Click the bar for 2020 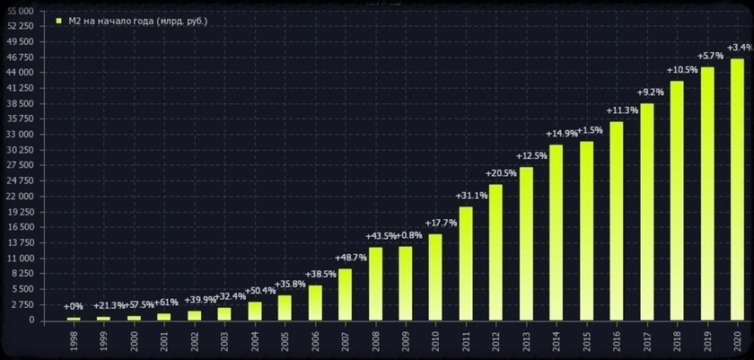pyautogui.click(x=737, y=189)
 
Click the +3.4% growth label pyautogui.click(x=740, y=48)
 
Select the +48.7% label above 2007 pyautogui.click(x=351, y=258)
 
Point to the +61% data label pyautogui.click(x=166, y=302)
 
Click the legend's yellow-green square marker pyautogui.click(x=59, y=21)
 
